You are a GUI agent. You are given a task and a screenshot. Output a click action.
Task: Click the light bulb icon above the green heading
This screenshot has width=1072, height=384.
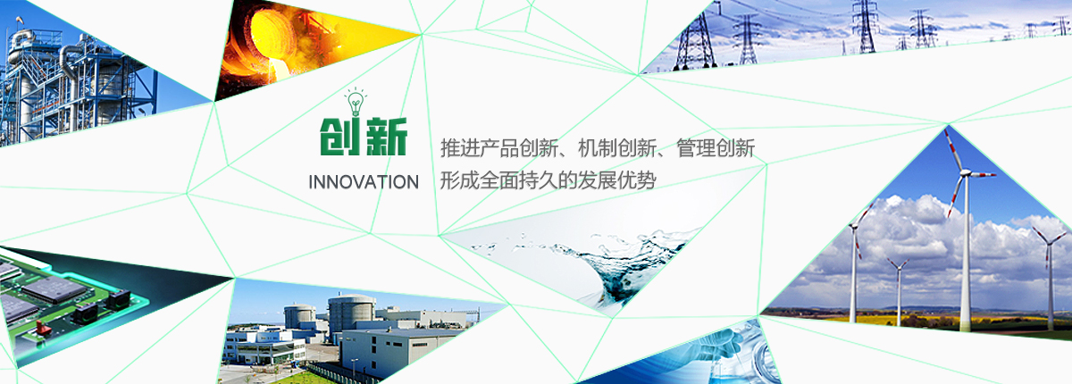pyautogui.click(x=356, y=102)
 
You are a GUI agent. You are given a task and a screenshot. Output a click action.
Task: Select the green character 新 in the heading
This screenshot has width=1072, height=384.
pyautogui.click(x=386, y=137)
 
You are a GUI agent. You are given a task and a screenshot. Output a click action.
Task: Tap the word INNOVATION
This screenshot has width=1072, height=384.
pyautogui.click(x=364, y=182)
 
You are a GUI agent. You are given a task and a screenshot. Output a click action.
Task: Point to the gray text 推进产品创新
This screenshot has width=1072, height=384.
pyautogui.click(x=499, y=147)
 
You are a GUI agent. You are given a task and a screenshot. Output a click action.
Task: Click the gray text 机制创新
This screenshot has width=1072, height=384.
pyautogui.click(x=617, y=147)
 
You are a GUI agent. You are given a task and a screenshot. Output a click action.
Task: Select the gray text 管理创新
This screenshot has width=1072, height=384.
pyautogui.click(x=716, y=147)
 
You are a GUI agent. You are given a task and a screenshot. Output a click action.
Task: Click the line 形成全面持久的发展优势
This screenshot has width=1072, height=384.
pyautogui.click(x=548, y=180)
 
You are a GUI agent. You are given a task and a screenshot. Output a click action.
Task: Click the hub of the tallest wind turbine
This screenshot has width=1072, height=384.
pyautogui.click(x=966, y=173)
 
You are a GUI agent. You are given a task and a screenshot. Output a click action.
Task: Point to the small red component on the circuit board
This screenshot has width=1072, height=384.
pyautogui.click(x=44, y=329)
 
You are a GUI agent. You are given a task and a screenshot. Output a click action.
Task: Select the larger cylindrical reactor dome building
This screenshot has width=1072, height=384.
pyautogui.click(x=351, y=313)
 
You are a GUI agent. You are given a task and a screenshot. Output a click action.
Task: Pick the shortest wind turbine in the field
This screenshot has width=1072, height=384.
pyautogui.click(x=899, y=291)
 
